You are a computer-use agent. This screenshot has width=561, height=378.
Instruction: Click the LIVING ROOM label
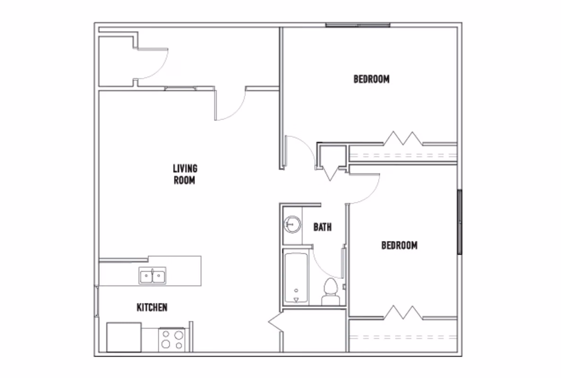pos(185,174)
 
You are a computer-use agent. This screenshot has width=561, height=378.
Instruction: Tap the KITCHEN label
pos(152,308)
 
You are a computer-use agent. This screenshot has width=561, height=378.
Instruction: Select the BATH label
pos(322,227)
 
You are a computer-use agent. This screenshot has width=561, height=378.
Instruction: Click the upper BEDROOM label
pos(371,79)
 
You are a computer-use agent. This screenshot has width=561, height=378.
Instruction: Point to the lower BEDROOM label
pos(399,245)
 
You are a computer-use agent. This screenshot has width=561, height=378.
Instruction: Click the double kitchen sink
pos(152,275)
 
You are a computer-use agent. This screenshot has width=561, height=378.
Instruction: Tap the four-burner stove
pos(172,339)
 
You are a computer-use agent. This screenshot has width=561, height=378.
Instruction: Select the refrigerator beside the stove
pos(124,337)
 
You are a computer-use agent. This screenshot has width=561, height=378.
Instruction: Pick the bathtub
pos(296,278)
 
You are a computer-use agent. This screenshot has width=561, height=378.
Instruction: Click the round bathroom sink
pos(292,223)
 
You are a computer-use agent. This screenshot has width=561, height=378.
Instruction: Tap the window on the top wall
pos(358,25)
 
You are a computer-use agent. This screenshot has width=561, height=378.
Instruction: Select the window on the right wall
pos(459,222)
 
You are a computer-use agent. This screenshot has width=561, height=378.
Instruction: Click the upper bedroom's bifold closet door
pos(402,139)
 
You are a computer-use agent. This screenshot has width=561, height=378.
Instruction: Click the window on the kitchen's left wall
pos(97,301)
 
